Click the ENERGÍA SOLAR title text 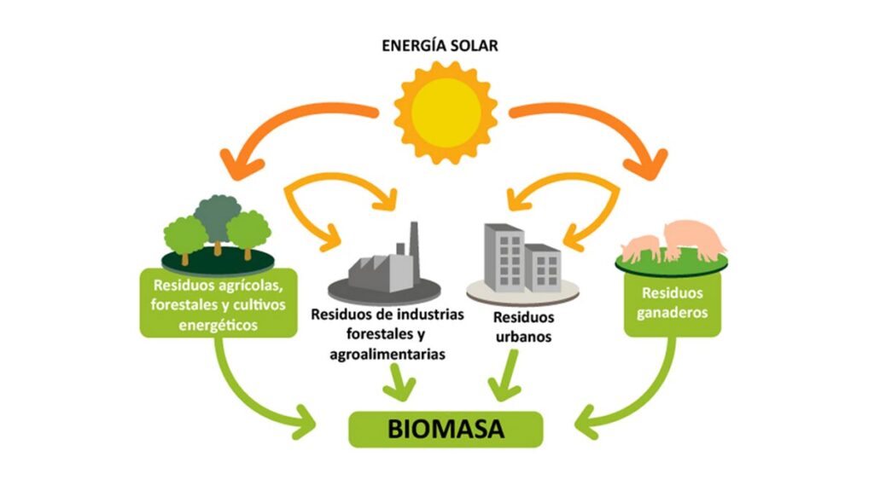440,45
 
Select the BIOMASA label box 445,429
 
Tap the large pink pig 695,238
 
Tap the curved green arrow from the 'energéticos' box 248,392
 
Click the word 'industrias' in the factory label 432,314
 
